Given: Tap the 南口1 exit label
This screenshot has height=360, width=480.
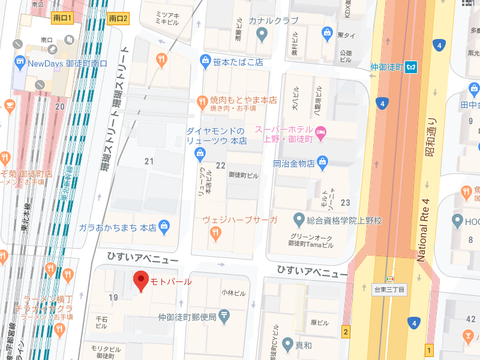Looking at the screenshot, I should click(61, 19).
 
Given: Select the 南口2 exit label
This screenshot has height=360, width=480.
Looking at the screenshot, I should click(119, 19).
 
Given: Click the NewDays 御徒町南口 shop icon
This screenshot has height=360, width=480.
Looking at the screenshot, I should click(20, 62).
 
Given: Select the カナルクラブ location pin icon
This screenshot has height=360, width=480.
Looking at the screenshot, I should click(261, 35).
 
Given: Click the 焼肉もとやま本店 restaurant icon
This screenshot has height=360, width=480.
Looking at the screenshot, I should click(202, 101).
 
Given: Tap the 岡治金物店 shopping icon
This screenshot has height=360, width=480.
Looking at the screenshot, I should click(323, 161).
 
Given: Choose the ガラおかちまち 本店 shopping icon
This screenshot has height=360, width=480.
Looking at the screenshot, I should click(164, 227).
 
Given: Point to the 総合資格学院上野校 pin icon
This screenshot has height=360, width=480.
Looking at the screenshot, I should click(298, 220).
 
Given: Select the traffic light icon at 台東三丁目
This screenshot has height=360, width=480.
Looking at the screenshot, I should click(390, 279).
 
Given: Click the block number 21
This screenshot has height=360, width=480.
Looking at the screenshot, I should click(149, 161).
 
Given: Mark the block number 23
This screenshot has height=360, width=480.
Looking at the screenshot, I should click(345, 203).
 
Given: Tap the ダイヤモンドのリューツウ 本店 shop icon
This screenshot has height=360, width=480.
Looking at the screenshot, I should click(200, 155).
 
